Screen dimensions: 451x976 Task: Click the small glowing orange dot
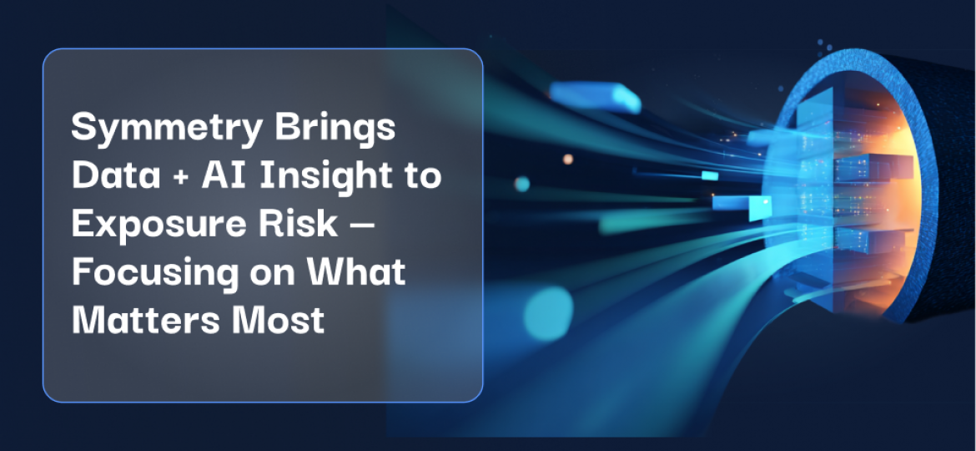pyautogui.click(x=568, y=159)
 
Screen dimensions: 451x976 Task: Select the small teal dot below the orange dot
pyautogui.click(x=522, y=184)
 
